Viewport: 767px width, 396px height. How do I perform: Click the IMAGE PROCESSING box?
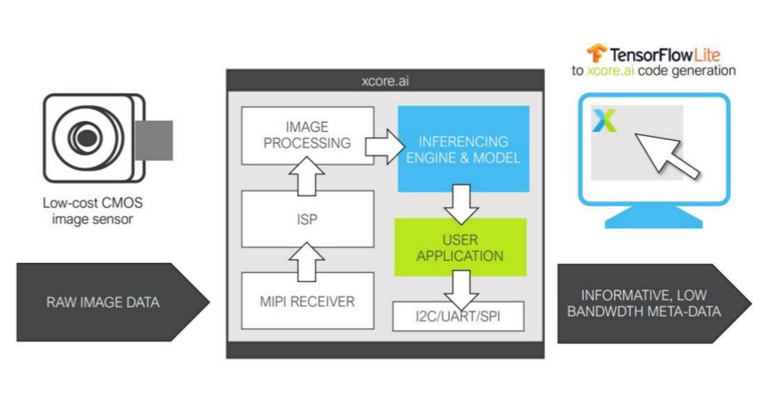tap(308, 135)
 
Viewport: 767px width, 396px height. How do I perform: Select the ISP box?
tap(308, 219)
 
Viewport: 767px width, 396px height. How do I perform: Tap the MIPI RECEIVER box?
tap(308, 301)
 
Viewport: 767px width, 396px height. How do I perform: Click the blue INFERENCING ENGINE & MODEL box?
tap(463, 149)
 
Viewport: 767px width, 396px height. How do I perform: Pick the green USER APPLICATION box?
tap(460, 247)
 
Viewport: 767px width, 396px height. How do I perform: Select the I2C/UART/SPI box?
tap(458, 316)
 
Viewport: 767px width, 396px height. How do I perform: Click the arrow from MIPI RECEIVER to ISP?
tap(307, 261)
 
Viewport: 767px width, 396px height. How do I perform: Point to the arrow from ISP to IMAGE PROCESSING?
tap(307, 176)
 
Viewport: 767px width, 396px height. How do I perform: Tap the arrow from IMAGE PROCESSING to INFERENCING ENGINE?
tap(385, 147)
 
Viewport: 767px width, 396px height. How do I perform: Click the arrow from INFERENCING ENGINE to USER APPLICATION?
tap(460, 204)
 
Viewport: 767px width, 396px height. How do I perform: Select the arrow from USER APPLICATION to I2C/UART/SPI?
tap(460, 290)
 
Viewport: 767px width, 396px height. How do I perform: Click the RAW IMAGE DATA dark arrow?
tap(113, 302)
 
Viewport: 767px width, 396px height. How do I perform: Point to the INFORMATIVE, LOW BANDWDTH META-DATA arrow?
tap(654, 304)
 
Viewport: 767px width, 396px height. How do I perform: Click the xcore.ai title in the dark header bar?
tap(385, 81)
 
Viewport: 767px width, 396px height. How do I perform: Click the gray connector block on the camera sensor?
tap(154, 141)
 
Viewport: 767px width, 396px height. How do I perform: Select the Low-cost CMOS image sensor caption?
tap(92, 211)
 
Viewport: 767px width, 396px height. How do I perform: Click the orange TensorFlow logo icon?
tap(596, 53)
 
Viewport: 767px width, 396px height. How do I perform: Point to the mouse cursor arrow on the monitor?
tap(667, 155)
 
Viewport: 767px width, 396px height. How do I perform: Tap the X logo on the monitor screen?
tap(604, 120)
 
